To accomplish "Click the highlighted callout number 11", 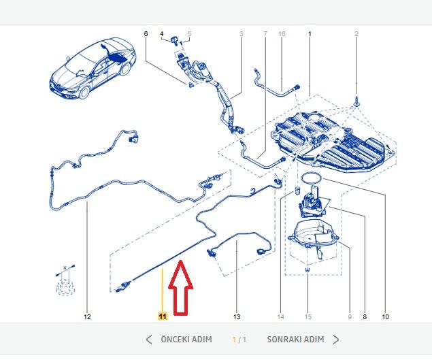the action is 163,316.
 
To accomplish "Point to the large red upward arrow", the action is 180,287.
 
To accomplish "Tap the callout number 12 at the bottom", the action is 87,316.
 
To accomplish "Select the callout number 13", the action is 237,316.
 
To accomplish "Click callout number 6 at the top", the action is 146,33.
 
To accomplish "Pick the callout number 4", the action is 162,33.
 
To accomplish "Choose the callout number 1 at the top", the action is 310,33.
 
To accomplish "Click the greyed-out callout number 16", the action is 282,33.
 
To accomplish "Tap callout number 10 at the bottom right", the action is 386,316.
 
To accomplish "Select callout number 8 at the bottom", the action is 365,316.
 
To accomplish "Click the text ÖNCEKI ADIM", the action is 186,339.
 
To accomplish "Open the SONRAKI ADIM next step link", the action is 295,339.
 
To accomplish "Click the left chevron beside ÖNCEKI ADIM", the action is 149,340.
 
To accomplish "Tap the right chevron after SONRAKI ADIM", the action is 336,340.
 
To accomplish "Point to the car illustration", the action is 93,68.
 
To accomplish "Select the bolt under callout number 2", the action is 356,101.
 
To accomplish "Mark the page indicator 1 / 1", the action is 239,340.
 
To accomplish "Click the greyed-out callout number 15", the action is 308,316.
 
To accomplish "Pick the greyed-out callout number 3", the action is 242,33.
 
